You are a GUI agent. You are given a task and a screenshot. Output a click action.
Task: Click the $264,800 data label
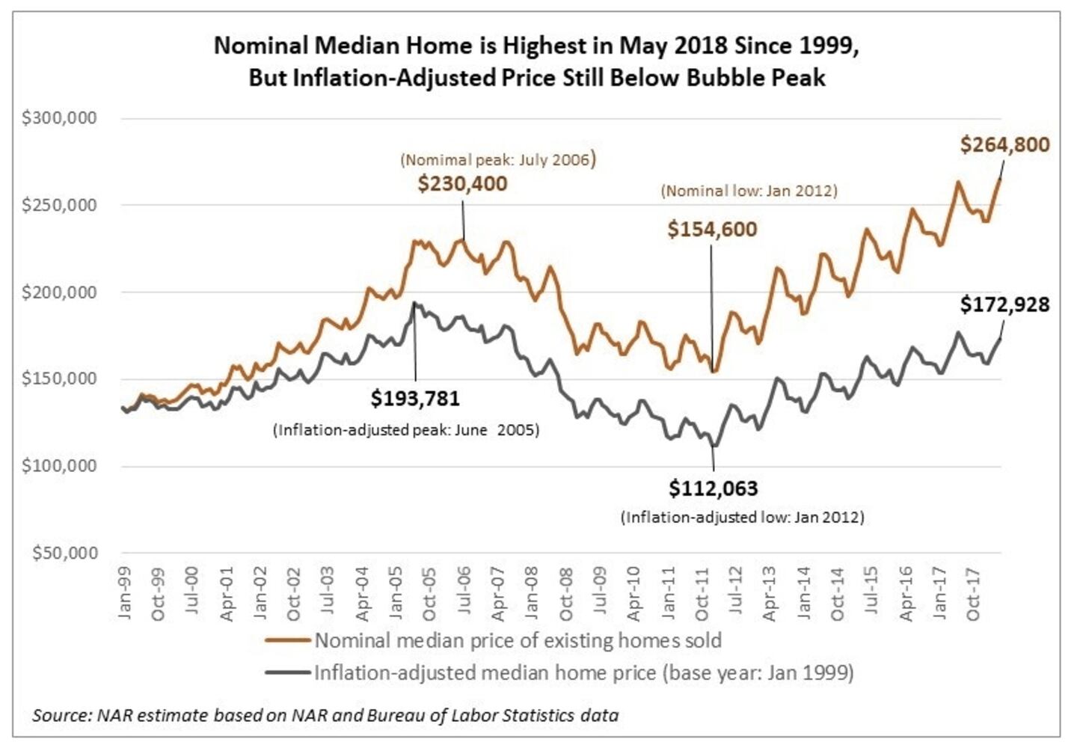[1004, 144]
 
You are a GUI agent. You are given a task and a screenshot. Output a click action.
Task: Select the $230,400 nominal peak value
[462, 184]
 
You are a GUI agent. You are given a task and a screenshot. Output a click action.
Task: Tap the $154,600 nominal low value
[712, 229]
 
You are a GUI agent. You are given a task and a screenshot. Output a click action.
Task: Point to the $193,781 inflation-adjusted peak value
[415, 398]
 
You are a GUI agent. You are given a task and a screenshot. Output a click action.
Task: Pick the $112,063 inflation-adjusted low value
[713, 488]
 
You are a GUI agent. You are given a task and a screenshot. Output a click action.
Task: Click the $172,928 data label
[1004, 304]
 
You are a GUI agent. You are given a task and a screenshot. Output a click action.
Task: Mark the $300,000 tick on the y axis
[60, 118]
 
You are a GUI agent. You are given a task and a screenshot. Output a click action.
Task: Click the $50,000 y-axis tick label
[65, 553]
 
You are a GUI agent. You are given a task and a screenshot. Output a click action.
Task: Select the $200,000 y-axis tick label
[60, 292]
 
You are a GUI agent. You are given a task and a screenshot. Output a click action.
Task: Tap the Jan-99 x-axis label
[125, 592]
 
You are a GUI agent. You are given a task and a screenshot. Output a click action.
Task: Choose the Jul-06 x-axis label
[464, 592]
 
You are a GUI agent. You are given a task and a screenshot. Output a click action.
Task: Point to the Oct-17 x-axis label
[972, 594]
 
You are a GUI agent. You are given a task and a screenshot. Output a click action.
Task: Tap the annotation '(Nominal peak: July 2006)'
[498, 159]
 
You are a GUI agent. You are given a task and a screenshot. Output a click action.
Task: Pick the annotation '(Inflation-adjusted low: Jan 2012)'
[742, 518]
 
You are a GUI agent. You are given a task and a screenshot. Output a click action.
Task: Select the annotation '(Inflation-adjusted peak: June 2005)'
[406, 430]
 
